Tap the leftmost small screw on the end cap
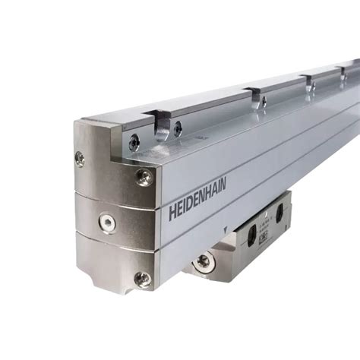(79, 158)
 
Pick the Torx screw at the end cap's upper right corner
(143, 177)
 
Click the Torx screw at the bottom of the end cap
(142, 279)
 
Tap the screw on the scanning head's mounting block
(203, 262)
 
